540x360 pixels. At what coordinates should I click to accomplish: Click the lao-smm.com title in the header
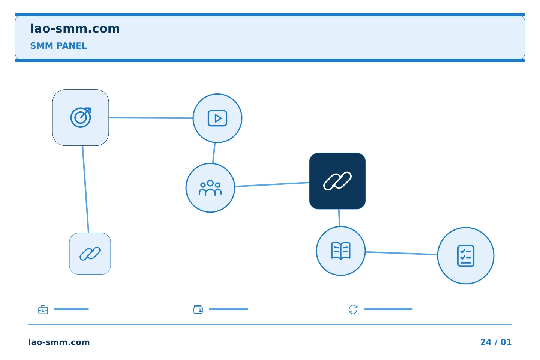point(75,29)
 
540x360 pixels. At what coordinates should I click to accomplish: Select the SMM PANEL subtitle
point(58,46)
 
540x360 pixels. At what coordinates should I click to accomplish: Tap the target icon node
point(81,118)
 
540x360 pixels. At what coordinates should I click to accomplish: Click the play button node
point(217,118)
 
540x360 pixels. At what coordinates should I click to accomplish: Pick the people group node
point(210,188)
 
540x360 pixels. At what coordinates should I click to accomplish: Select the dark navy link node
point(337,181)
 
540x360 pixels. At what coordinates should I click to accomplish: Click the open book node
point(341,251)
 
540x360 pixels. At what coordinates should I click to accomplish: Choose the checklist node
point(466,256)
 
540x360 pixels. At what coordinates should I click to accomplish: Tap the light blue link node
point(90,253)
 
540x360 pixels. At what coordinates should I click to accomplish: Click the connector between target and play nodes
point(151,118)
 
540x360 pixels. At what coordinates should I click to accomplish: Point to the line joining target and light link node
point(85,189)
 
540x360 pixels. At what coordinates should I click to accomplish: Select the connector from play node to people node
point(214,153)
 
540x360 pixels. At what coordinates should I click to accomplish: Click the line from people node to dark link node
point(272,184)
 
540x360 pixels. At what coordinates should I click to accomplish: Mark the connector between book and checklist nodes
point(401,253)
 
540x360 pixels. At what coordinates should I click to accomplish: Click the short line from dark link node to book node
point(339,218)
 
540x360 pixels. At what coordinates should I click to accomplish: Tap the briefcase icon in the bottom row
point(43,309)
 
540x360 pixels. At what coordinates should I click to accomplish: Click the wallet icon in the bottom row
point(198,309)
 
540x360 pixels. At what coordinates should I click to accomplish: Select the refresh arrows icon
point(353,309)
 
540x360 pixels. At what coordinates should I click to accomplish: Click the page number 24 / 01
point(496,342)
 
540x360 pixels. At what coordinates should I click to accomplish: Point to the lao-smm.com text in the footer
point(59,342)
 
